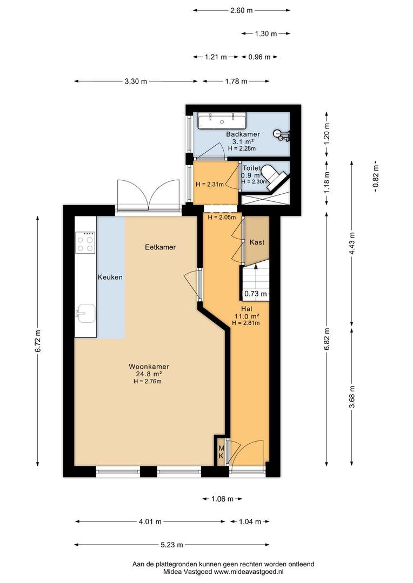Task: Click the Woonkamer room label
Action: coord(149,367)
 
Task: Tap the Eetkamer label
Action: coord(160,247)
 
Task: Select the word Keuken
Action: coord(110,277)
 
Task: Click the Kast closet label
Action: coord(257,242)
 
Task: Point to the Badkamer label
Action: coord(243,134)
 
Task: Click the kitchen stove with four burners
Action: coord(85,243)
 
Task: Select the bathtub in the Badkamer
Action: coord(222,121)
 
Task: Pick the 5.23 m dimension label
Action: coord(172,545)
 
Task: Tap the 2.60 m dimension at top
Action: coord(241,10)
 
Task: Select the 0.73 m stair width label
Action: coord(256,294)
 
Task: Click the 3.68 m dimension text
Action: coord(352,397)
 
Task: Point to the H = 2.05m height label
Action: coord(222,218)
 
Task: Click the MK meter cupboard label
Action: coord(221,452)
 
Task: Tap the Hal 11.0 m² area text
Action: coord(247,316)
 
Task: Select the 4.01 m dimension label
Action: coord(150,521)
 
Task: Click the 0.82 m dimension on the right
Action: coord(376,177)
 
